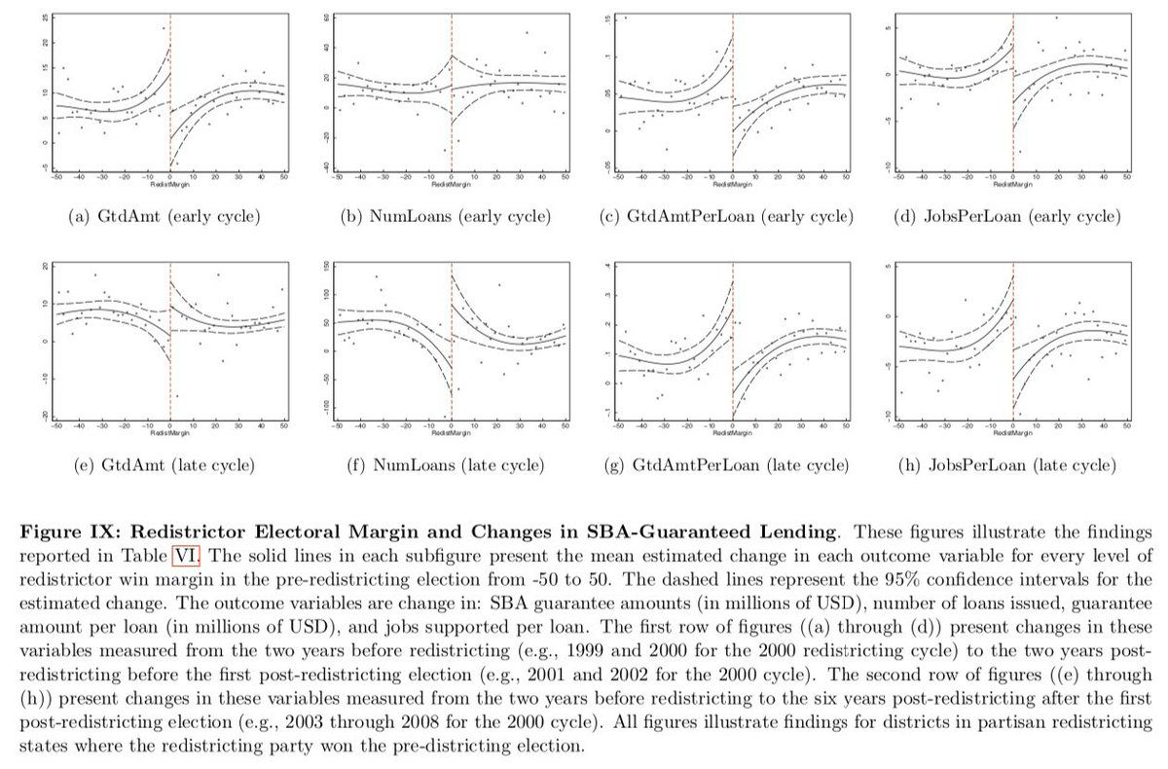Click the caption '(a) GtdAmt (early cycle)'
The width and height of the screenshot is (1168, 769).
(164, 215)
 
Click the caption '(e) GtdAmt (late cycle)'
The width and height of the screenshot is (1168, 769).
(164, 466)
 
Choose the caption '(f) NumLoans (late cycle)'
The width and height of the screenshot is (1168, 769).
(449, 466)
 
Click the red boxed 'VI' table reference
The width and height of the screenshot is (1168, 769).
(185, 557)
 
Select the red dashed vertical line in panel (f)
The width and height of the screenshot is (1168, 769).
(452, 341)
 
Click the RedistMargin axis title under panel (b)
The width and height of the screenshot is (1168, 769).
(451, 183)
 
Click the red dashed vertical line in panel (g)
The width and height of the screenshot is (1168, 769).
(733, 341)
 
